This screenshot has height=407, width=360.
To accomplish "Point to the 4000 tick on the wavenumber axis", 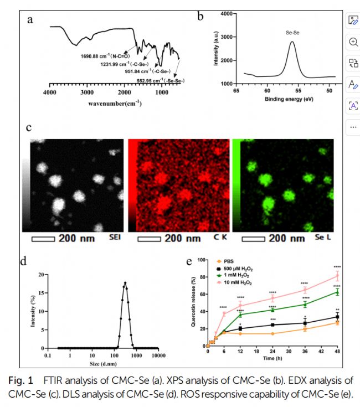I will [50, 93].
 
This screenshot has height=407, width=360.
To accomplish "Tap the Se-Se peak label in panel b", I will [292, 33].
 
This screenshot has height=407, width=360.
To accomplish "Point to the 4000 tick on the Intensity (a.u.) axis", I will [229, 12].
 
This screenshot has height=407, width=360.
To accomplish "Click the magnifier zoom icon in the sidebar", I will [353, 42].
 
